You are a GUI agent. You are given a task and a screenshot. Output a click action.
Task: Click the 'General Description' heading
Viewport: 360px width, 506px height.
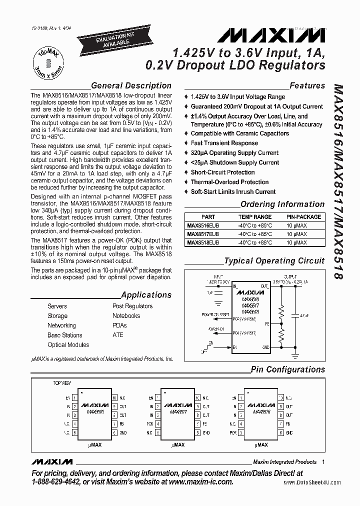tap(131, 85)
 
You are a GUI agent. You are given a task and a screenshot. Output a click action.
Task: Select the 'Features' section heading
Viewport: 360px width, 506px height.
tap(307, 85)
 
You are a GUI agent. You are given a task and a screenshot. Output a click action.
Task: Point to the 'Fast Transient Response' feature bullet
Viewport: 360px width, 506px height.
tap(224, 143)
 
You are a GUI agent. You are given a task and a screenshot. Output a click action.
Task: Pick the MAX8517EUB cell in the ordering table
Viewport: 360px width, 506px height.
tap(203, 234)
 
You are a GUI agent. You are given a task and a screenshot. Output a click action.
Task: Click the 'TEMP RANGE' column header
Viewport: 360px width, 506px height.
tap(255, 217)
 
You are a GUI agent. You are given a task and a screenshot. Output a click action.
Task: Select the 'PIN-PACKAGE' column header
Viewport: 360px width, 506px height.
tap(303, 217)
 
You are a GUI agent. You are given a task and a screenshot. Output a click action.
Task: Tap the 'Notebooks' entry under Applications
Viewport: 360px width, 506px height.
tap(126, 315)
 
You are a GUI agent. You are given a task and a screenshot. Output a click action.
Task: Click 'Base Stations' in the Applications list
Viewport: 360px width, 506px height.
tap(64, 335)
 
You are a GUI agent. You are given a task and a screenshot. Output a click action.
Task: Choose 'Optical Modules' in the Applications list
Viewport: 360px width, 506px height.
tap(68, 344)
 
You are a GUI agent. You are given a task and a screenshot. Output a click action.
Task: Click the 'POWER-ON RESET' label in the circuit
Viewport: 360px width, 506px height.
tap(215, 315)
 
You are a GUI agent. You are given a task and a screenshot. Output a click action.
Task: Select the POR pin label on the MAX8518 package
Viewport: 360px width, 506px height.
tap(233, 432)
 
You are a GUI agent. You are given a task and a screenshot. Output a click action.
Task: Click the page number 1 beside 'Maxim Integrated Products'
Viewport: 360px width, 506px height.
tap(324, 461)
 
